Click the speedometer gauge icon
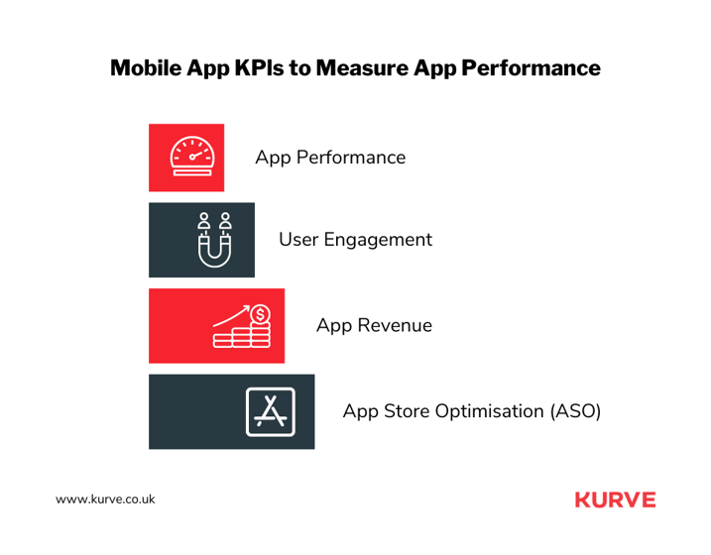pos(191,156)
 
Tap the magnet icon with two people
pos(214,240)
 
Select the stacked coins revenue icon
pos(242,326)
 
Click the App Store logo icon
pos(271,412)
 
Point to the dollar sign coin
pos(260,314)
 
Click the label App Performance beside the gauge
pos(330,158)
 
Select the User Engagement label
pos(355,240)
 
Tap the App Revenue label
pos(374,326)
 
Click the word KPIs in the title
pos(259,68)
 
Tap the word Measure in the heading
pos(362,68)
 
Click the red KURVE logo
pos(616,499)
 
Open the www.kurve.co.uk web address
pos(105,499)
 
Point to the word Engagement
pos(378,240)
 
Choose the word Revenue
pos(395,326)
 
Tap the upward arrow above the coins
pos(231,316)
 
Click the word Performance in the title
pos(531,68)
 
